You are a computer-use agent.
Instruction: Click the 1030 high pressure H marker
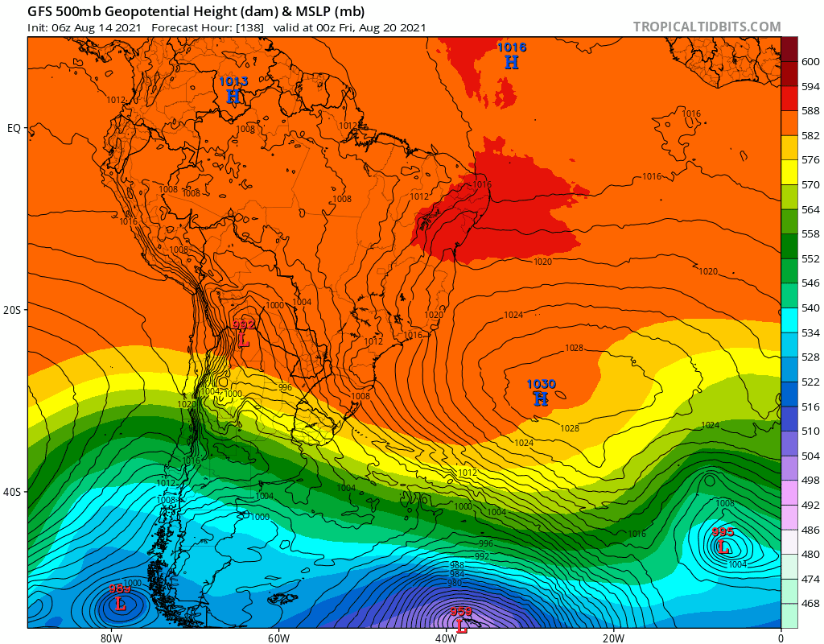coord(541,398)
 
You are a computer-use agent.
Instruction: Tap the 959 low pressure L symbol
coord(461,625)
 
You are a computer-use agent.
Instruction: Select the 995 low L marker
coord(723,547)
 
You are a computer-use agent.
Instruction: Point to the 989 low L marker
coord(121,603)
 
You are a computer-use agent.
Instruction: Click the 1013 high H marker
coord(233,97)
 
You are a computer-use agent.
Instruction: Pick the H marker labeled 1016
coord(512,62)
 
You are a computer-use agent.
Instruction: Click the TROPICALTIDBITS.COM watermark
coord(707,27)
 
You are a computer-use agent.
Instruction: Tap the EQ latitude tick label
coord(14,128)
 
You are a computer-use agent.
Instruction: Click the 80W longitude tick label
coord(111,638)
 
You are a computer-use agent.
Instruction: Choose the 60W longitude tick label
coord(278,638)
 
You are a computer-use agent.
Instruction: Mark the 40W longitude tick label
coord(446,638)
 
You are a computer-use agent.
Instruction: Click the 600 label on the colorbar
coord(810,62)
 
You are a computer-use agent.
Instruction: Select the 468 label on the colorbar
coord(810,604)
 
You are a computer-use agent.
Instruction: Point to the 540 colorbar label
coord(810,308)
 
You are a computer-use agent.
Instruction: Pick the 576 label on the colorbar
coord(810,160)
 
